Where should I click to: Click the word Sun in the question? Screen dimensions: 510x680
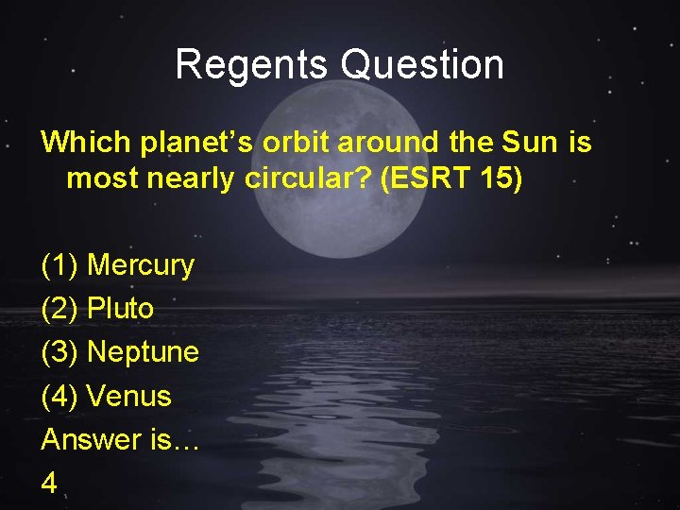coord(531,143)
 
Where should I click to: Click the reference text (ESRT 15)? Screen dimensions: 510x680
coord(451,178)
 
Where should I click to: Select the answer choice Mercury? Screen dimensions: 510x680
coord(140,266)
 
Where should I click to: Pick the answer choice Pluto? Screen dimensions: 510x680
coord(120,309)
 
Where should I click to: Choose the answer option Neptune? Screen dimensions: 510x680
coord(143,352)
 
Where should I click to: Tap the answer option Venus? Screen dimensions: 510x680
coord(128,396)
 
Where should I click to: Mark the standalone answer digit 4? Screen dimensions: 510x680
coord(49,483)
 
